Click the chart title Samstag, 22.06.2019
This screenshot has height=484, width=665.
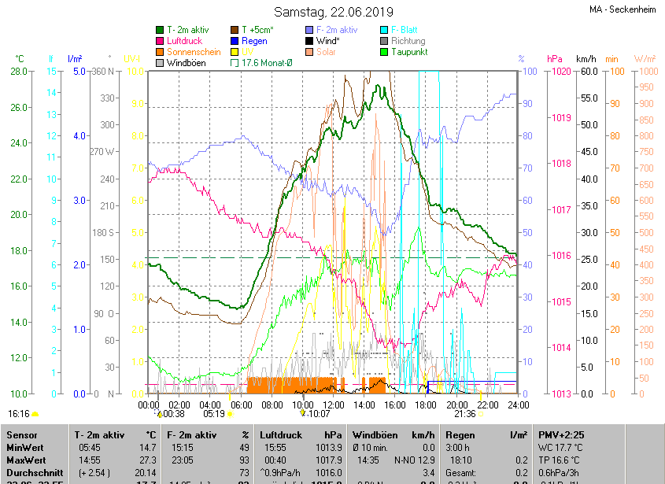coord(332,12)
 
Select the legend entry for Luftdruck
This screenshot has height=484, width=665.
coord(184,41)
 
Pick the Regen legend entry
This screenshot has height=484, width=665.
coord(253,41)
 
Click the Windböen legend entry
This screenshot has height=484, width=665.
coord(187,62)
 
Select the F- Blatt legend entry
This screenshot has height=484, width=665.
coord(404,30)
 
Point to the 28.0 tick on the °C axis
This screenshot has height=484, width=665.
coord(19,72)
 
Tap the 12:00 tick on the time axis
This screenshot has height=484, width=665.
coord(334,405)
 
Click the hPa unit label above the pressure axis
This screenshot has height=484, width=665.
coord(555,59)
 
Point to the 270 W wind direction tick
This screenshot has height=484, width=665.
coord(102,152)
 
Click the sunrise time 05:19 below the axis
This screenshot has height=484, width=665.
coord(214,413)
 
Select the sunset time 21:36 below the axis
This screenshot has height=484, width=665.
coord(465,413)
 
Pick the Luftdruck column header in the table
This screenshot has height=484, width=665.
coord(280,434)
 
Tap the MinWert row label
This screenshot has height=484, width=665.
coord(27,447)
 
